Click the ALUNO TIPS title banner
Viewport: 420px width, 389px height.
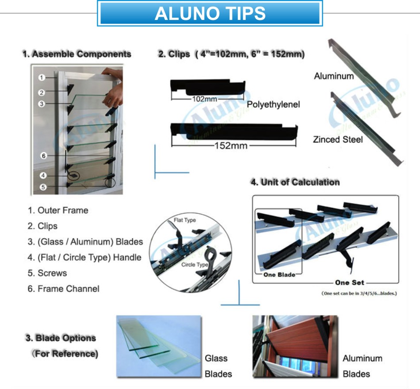point(210,13)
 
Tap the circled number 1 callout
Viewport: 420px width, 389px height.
point(42,77)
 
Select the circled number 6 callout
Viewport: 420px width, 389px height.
point(43,155)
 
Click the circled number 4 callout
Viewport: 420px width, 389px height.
point(43,175)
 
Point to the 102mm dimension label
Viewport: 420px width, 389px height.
point(204,99)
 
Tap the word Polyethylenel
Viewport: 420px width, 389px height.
point(273,104)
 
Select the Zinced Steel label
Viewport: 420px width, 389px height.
point(338,139)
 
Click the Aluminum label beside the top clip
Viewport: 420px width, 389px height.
point(334,76)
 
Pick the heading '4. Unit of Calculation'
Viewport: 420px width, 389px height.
point(295,182)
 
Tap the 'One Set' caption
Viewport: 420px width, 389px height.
point(349,282)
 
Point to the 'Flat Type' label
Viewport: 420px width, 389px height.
point(185,220)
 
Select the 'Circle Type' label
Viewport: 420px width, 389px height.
point(195,265)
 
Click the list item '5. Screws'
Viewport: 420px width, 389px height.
point(47,273)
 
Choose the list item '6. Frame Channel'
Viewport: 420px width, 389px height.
point(63,289)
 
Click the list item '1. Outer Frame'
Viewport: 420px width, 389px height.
point(58,210)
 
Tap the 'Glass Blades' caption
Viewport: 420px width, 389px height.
point(218,366)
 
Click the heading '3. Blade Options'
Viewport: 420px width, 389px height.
point(61,338)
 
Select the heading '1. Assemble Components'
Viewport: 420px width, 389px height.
point(77,54)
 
